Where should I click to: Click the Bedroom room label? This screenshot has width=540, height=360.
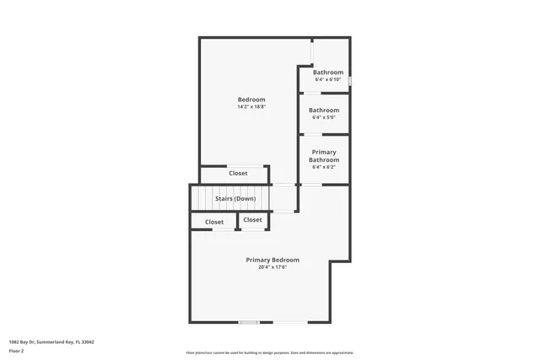pos(251,99)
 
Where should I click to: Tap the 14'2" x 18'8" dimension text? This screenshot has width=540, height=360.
pos(251,107)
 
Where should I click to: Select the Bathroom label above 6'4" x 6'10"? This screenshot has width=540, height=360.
pos(328,73)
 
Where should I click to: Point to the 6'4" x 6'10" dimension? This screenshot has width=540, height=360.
pos(328,80)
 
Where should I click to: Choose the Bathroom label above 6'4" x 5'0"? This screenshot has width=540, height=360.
pos(324,110)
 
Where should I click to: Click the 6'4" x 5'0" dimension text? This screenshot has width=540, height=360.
pos(324,118)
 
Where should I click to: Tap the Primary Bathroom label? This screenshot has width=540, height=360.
pos(324,156)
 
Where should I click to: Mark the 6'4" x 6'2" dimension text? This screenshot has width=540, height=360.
pos(324,167)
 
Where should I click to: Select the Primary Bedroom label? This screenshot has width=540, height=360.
pos(273,260)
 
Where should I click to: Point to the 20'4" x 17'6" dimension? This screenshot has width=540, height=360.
pos(273,267)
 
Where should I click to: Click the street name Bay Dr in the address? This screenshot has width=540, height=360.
pos(28,341)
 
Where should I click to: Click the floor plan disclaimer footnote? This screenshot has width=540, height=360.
pos(270,352)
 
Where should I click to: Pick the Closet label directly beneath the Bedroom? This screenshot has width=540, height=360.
pos(238,174)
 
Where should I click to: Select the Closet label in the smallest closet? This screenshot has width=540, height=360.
pos(252,220)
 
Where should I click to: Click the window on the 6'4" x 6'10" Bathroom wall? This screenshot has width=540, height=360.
pos(349,81)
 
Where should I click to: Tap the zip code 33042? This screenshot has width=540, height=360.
pos(88,341)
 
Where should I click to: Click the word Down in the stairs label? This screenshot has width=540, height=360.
pos(246,199)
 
